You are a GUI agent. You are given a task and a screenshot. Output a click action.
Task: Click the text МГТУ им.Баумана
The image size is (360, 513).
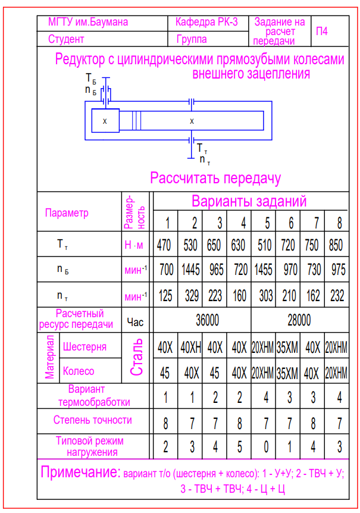[x=87, y=23]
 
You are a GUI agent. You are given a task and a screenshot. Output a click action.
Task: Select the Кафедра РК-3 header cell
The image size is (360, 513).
[x=206, y=23]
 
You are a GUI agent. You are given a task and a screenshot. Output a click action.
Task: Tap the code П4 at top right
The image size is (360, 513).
[x=321, y=31]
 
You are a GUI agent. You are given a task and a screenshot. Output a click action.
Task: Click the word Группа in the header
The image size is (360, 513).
[x=192, y=39]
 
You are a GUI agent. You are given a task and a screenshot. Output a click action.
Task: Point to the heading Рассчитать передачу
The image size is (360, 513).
[x=215, y=178]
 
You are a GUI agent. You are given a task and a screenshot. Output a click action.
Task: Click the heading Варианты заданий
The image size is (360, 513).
[x=249, y=201]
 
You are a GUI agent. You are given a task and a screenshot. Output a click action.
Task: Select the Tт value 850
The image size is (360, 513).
[x=337, y=245]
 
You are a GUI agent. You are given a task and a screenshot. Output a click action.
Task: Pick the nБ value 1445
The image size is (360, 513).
[x=193, y=270]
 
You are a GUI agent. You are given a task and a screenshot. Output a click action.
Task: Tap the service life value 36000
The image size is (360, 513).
[x=207, y=320]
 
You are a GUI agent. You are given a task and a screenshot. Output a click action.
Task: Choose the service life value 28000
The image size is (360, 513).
[x=299, y=320]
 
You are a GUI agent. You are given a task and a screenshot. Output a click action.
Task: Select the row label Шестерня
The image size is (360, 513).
[x=84, y=346]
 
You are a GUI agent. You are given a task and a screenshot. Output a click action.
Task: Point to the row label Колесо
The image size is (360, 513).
[x=79, y=371]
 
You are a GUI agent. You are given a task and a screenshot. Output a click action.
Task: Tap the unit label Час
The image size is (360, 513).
[x=136, y=321]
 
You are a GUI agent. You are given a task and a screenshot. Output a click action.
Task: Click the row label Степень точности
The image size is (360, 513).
[x=93, y=420]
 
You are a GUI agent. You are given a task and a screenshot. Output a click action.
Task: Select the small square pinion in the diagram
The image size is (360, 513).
[x=105, y=121]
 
